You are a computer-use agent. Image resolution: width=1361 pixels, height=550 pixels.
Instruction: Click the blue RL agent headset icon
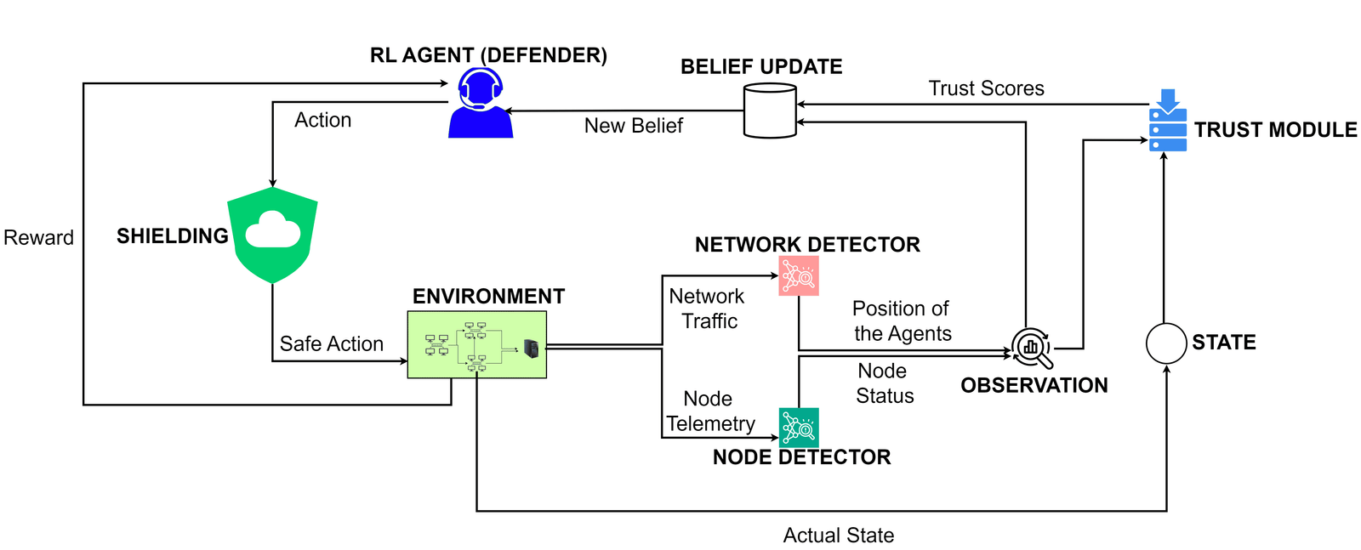click(x=481, y=103)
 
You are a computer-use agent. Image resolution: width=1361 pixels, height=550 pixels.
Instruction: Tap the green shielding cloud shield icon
click(x=272, y=235)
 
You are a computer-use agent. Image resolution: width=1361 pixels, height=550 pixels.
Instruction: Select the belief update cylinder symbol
click(x=770, y=111)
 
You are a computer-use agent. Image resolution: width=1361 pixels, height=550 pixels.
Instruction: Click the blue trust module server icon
click(x=1167, y=121)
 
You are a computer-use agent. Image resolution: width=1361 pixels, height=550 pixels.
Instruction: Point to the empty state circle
click(x=1166, y=343)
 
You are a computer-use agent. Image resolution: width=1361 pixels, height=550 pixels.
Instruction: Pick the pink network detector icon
click(x=799, y=275)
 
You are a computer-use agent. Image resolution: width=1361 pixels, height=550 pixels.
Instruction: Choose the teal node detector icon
click(x=799, y=428)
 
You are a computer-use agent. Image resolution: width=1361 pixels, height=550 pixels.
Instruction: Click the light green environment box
click(x=476, y=344)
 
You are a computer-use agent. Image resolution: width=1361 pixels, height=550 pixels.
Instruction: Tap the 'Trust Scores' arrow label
click(x=986, y=88)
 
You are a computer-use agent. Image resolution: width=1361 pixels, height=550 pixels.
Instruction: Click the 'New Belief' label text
click(x=633, y=126)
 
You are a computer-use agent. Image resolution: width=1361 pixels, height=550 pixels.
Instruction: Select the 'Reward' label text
click(x=38, y=238)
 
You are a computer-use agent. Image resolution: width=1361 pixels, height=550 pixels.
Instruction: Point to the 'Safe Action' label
click(x=331, y=343)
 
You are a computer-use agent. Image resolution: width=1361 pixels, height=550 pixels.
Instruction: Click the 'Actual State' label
click(x=838, y=536)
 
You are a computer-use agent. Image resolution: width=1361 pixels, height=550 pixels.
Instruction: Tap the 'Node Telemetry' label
click(x=710, y=411)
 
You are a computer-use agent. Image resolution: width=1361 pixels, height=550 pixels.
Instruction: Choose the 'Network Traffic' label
click(x=707, y=309)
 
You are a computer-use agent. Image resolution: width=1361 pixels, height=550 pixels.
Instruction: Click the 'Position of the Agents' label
click(x=902, y=320)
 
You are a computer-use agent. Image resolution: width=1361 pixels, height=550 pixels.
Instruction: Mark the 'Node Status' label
click(x=884, y=383)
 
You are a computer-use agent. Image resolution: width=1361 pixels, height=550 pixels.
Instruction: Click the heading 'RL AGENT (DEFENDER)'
click(x=488, y=56)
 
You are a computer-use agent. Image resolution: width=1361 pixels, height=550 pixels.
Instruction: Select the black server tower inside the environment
click(x=532, y=348)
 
